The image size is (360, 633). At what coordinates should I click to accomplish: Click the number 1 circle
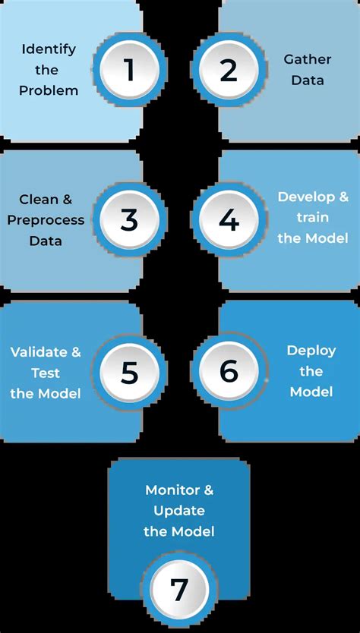click(x=129, y=70)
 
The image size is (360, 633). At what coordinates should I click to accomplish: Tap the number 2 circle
click(x=229, y=70)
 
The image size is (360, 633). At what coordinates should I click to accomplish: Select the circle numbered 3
click(x=129, y=220)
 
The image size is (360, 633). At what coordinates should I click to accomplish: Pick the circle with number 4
click(x=229, y=220)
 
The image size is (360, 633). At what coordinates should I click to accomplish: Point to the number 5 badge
click(x=129, y=372)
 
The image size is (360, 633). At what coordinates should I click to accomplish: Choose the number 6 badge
click(x=229, y=372)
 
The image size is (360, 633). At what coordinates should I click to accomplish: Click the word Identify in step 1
click(x=49, y=49)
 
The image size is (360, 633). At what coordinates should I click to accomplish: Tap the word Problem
click(x=49, y=90)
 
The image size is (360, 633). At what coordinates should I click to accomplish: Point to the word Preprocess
click(x=46, y=220)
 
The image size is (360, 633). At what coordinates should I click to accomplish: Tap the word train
click(x=313, y=217)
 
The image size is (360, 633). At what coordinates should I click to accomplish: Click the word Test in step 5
click(x=46, y=373)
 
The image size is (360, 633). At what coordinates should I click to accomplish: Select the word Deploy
click(x=311, y=351)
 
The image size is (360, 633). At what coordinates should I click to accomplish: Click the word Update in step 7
click(x=178, y=510)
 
